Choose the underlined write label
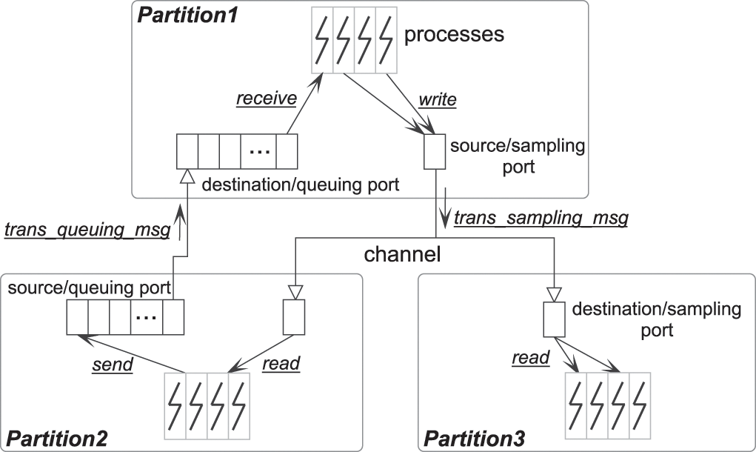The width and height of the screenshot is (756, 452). [x=437, y=99]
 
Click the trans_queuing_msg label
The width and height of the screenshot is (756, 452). [x=87, y=229]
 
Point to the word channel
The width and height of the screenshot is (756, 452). [x=402, y=255]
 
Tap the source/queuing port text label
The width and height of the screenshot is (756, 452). [x=90, y=286]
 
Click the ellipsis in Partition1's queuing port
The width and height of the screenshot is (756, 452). [x=258, y=151]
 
